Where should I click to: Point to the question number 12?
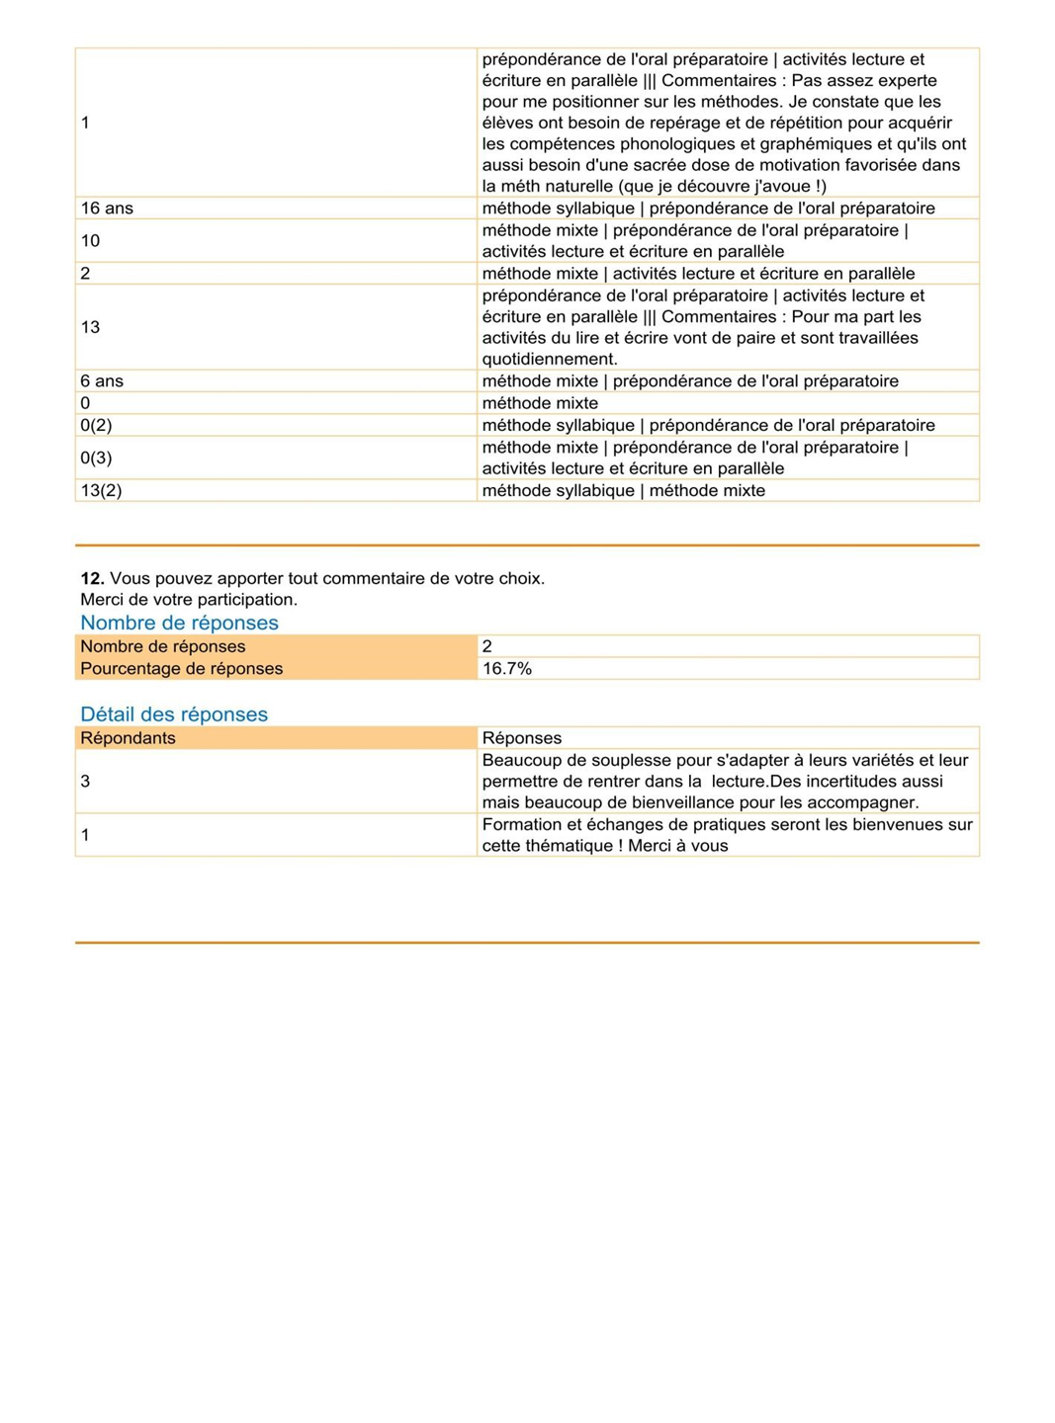[92, 579]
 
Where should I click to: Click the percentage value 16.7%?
[507, 669]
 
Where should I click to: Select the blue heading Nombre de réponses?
[179, 623]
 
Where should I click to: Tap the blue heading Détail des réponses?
[174, 714]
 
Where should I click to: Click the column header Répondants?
[128, 738]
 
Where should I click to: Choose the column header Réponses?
[521, 738]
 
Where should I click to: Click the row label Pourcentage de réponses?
[181, 669]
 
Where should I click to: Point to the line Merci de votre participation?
[189, 600]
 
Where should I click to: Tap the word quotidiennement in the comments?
[550, 360]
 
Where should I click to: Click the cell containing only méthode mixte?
[540, 403]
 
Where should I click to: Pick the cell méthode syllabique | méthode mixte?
[623, 491]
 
